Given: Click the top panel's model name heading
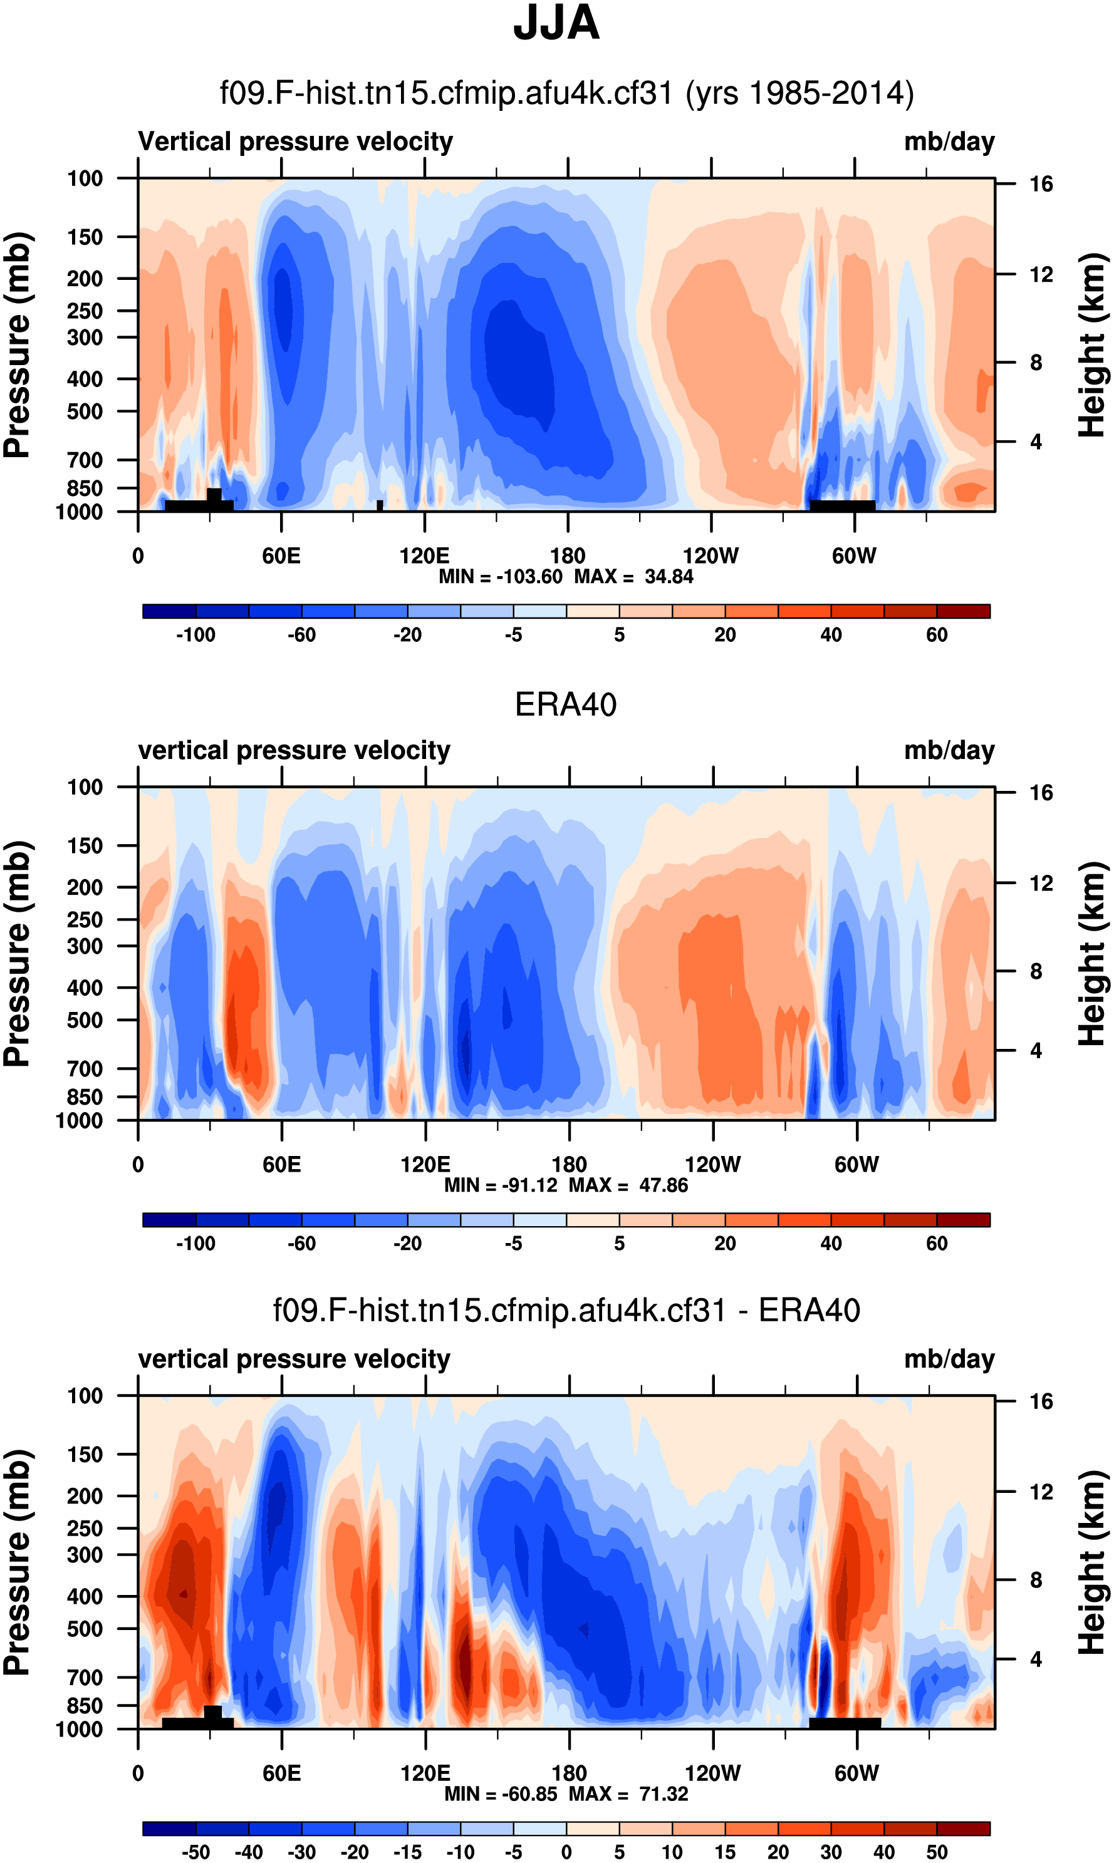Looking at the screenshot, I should [x=566, y=94].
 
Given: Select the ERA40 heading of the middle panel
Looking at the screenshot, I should [x=565, y=704].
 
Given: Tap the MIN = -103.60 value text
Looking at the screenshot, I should [x=501, y=577].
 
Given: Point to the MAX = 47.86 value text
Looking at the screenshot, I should [x=628, y=1185].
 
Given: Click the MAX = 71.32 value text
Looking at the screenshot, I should [x=628, y=1794].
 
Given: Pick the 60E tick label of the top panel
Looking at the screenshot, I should [x=281, y=556].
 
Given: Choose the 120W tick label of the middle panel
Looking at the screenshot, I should [x=712, y=1165].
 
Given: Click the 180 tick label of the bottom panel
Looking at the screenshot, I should [x=569, y=1773].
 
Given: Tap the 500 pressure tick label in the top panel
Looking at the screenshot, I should [x=85, y=412].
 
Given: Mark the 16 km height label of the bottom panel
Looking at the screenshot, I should [x=1041, y=1401].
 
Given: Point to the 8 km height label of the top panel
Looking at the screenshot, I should [x=1036, y=363].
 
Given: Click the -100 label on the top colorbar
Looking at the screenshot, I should [x=196, y=636].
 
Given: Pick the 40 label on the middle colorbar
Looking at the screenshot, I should [x=830, y=1244].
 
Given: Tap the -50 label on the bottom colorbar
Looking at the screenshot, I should [x=196, y=1852].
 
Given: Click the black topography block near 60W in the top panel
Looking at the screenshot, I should [x=842, y=506].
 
